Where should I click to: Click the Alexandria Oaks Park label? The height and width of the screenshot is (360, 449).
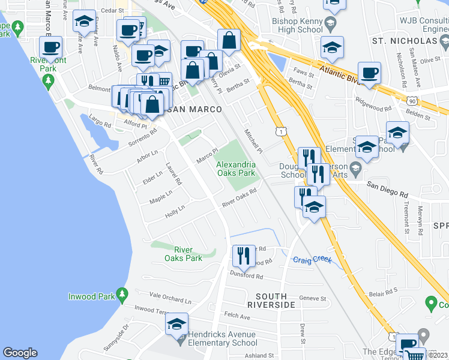point(236,168)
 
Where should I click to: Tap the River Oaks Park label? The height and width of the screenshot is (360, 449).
point(183,254)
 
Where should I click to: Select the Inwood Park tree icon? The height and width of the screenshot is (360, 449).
point(122,294)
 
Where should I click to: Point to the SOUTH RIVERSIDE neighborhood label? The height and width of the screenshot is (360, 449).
point(276,301)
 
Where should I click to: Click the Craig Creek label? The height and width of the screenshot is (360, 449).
point(312,260)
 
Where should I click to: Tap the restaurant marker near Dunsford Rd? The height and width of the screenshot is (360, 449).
point(243,256)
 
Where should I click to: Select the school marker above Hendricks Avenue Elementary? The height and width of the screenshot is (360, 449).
point(176,325)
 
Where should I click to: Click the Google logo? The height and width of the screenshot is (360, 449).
point(20,353)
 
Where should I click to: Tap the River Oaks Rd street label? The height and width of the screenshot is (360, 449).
point(240,198)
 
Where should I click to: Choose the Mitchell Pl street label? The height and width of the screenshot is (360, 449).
point(253,140)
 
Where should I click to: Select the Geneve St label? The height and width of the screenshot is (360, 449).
point(313,298)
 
